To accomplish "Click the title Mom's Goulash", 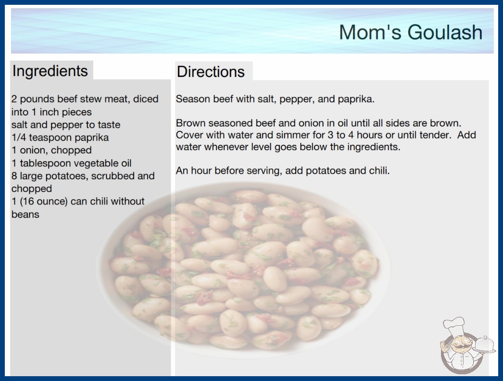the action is tap(411, 32).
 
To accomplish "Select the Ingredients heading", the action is tap(50, 71).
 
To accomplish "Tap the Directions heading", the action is tap(211, 72).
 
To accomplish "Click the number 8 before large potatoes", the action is tap(14, 176).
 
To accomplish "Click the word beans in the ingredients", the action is tap(25, 214).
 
